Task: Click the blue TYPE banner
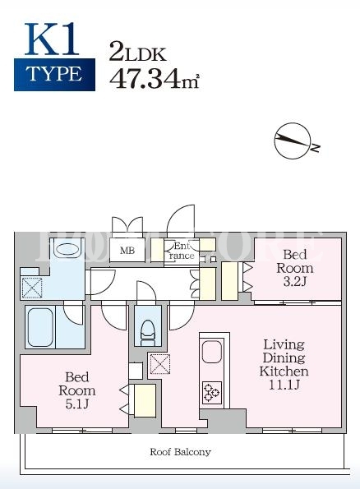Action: point(54,75)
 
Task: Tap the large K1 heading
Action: point(52,39)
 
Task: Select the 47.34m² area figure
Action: point(154,79)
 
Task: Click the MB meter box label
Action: point(127,250)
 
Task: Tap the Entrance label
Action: point(181,251)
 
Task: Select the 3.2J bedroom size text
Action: point(295,282)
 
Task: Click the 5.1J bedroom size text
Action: point(77,404)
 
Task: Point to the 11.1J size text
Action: point(284,385)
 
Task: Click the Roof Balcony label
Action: point(180,451)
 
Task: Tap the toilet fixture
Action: point(148,333)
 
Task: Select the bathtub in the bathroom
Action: point(40,327)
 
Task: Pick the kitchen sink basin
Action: point(212,352)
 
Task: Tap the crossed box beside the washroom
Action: point(31,287)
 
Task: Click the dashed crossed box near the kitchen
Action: point(160,363)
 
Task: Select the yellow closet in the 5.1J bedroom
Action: point(145,401)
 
